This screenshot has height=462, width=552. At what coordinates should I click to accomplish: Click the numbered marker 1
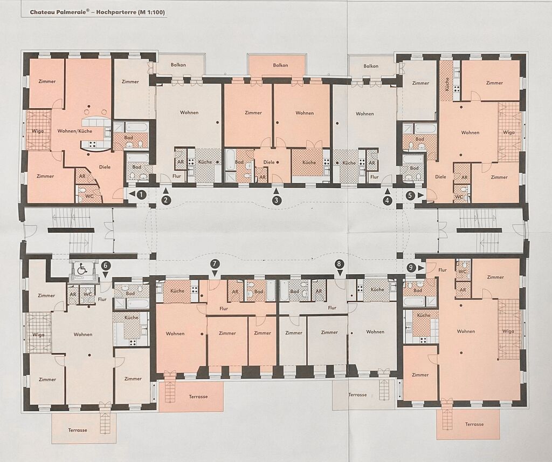(x=141, y=194)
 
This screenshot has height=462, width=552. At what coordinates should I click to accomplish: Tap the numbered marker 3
(x=277, y=200)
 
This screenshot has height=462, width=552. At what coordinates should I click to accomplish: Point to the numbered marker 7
(x=215, y=264)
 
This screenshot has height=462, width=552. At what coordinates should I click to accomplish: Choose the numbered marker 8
(x=339, y=264)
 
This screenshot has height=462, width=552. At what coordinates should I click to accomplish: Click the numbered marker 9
(x=410, y=268)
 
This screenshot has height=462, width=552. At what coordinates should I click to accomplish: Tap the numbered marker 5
(x=410, y=194)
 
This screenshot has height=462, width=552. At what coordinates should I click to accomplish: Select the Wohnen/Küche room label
(x=74, y=131)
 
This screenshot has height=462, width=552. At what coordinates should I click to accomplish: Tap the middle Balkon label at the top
(x=280, y=65)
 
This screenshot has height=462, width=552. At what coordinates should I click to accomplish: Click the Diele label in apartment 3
(x=268, y=162)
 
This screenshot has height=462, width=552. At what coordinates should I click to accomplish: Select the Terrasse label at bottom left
(x=78, y=430)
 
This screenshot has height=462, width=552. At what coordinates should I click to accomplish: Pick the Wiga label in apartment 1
(x=38, y=131)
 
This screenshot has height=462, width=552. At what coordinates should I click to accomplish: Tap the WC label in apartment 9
(x=462, y=271)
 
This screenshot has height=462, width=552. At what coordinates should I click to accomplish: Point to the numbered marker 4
(x=388, y=201)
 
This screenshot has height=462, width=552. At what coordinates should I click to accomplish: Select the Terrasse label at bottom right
(x=474, y=424)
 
